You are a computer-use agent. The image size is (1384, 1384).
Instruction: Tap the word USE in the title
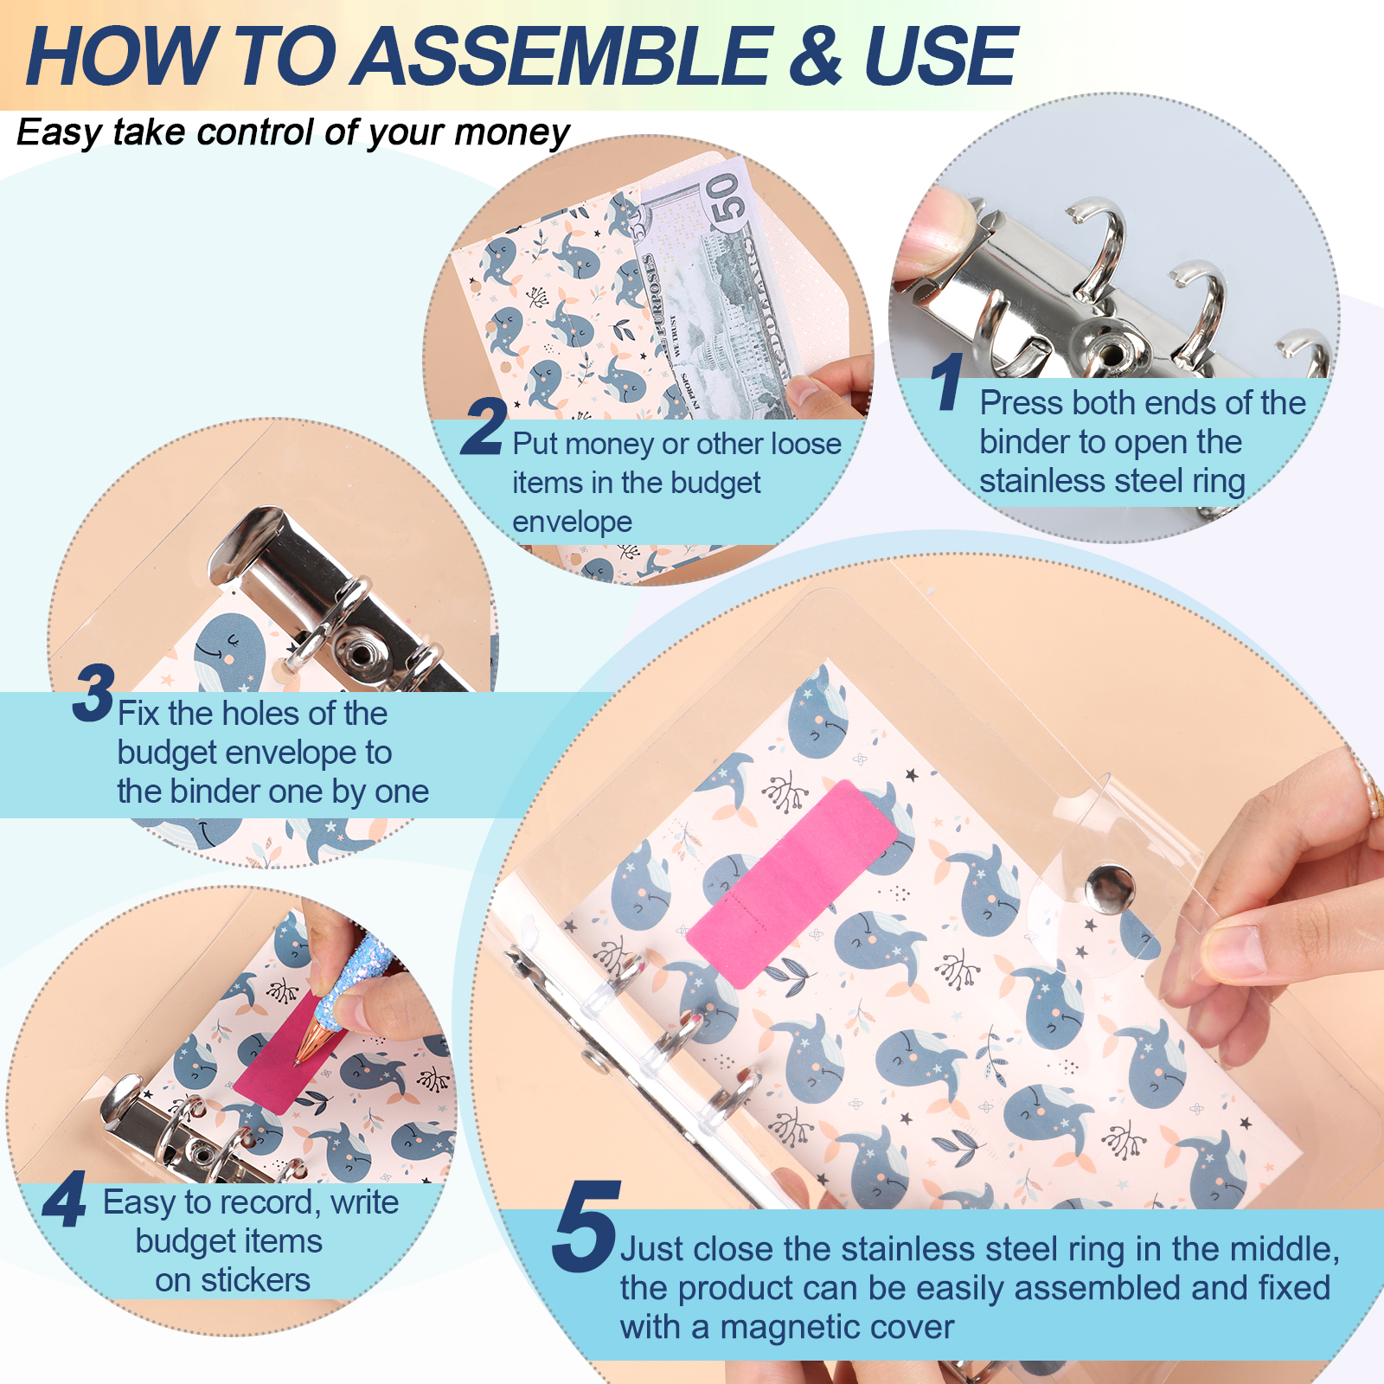(940, 56)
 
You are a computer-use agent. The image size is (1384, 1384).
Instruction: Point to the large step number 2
(483, 426)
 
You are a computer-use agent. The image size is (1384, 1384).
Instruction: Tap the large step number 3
(93, 693)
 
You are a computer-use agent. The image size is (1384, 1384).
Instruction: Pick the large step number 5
(586, 1227)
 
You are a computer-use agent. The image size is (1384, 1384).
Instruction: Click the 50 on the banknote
(725, 197)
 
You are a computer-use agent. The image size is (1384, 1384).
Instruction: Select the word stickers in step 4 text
(255, 1280)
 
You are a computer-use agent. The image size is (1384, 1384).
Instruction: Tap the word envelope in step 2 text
(572, 522)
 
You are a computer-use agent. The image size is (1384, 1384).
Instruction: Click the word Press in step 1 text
(1021, 403)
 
